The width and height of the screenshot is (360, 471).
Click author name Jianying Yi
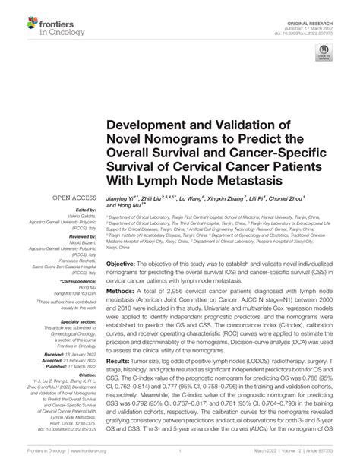tap(121, 197)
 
